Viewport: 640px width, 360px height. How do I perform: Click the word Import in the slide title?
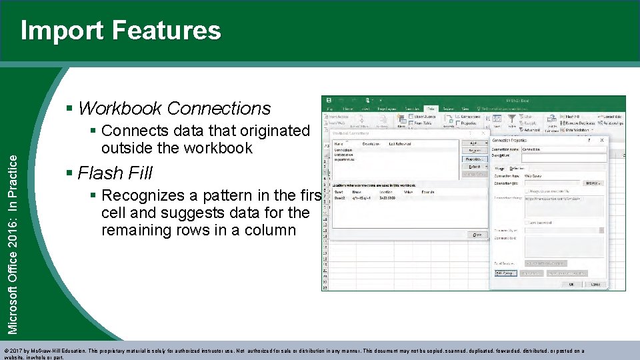coord(62,31)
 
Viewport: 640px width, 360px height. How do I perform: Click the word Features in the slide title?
coord(166,31)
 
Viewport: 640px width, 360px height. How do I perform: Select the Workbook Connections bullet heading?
coord(174,108)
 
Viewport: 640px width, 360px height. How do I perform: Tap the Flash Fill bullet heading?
coord(115,173)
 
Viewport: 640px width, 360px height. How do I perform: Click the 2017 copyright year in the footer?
coord(17,351)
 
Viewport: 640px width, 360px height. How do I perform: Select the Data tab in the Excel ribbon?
coord(431,108)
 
